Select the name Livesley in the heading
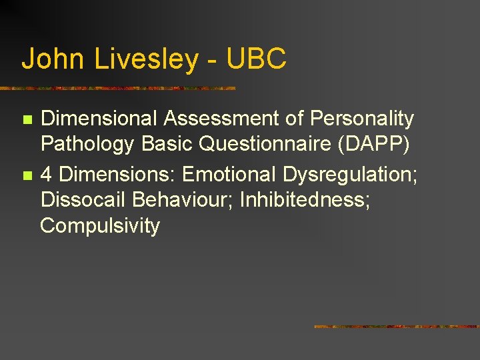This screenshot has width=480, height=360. [146, 59]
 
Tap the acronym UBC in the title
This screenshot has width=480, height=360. [256, 59]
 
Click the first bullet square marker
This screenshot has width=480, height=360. [27, 120]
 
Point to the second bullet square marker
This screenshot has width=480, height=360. [27, 175]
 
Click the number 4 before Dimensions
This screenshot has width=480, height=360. [47, 175]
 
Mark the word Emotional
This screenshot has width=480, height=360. [229, 175]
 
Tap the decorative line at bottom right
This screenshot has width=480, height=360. [396, 327]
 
